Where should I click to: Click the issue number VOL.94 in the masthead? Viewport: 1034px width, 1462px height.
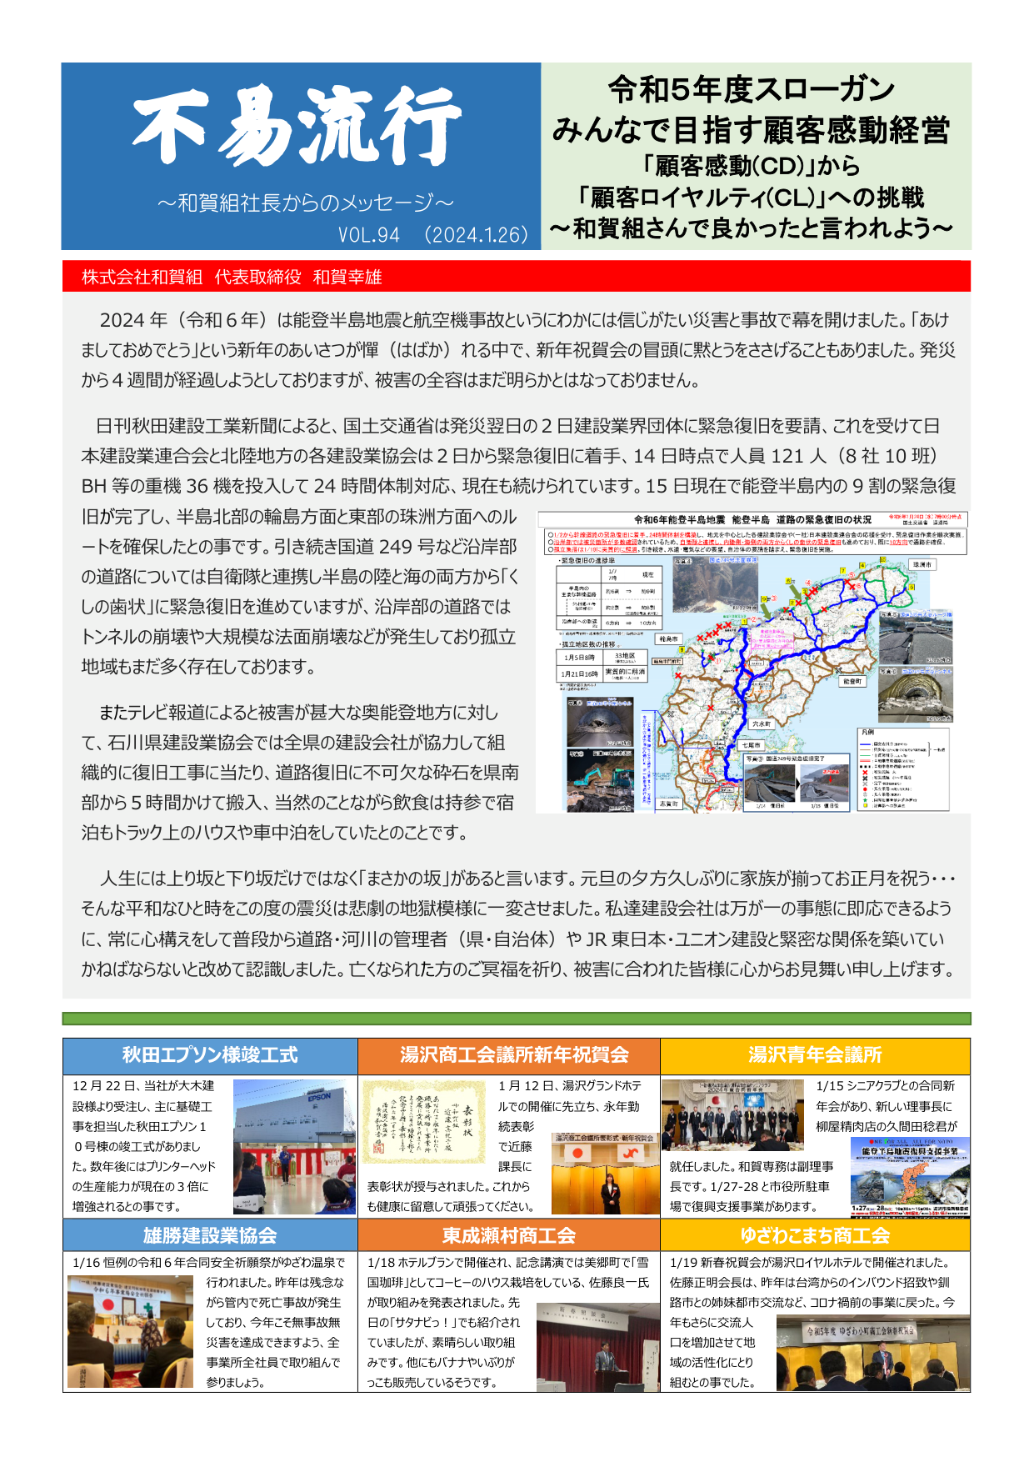(x=369, y=235)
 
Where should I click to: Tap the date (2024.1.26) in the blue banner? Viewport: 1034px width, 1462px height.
(x=476, y=235)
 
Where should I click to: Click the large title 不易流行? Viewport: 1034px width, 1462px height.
(x=297, y=128)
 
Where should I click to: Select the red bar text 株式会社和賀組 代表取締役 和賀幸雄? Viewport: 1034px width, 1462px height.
(x=232, y=278)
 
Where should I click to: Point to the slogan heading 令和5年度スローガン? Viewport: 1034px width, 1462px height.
(x=751, y=88)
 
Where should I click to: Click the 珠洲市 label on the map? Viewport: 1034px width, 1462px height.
(x=922, y=564)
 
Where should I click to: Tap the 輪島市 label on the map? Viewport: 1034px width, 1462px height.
(x=668, y=639)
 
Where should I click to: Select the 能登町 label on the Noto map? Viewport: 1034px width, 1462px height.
(x=852, y=681)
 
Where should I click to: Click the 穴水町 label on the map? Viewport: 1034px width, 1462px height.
(x=762, y=724)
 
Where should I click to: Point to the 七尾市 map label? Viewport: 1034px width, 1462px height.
(x=751, y=745)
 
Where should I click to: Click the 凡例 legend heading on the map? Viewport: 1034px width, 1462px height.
(x=867, y=732)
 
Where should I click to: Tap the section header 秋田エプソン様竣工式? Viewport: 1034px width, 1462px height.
(x=210, y=1055)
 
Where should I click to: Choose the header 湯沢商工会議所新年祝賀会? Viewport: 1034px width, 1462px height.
(x=509, y=1055)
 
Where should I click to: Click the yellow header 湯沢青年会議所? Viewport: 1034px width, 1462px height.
(x=815, y=1055)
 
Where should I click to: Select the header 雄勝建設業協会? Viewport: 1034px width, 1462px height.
(x=210, y=1235)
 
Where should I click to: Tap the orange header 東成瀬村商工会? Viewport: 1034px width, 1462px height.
(x=509, y=1235)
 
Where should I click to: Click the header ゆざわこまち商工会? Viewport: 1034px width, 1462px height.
(x=815, y=1235)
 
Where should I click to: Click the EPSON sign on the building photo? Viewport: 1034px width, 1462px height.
(x=319, y=1097)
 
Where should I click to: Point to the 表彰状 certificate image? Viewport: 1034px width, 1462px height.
(x=424, y=1121)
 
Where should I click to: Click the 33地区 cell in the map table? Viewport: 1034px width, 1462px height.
(x=625, y=657)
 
